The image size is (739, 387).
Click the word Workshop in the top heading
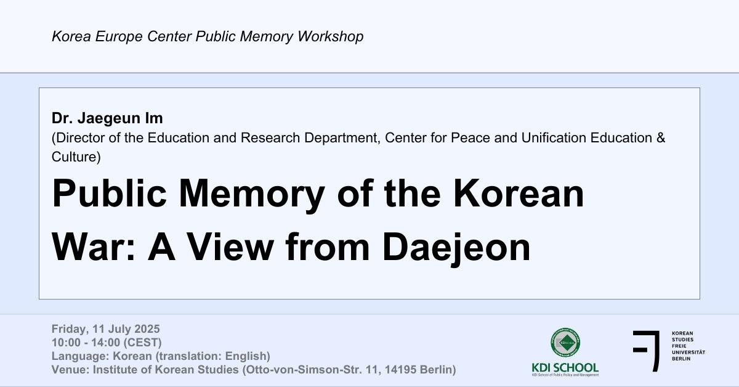tap(330, 36)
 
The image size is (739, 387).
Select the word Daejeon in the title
tap(456, 246)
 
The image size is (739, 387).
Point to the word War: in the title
tap(94, 246)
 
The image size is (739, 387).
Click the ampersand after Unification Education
tap(660, 137)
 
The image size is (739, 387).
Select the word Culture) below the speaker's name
tap(76, 157)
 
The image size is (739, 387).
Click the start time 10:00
tap(66, 343)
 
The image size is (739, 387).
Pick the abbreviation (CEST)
tap(142, 343)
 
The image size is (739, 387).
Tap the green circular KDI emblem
tap(565, 343)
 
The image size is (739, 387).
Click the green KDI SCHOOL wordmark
tap(565, 367)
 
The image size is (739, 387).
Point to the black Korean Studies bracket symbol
tap(647, 351)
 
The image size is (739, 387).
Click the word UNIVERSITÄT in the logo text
tap(689, 352)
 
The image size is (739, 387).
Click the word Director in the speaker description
tap(80, 137)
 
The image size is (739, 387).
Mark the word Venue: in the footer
tap(71, 370)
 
